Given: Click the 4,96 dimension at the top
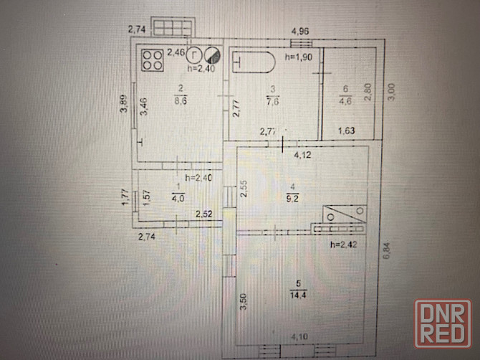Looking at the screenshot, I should tap(299, 31).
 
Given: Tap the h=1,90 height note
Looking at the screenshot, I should tap(297, 57).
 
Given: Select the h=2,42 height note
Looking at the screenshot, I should tap(342, 245).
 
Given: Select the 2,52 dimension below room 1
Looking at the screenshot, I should tap(205, 213).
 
